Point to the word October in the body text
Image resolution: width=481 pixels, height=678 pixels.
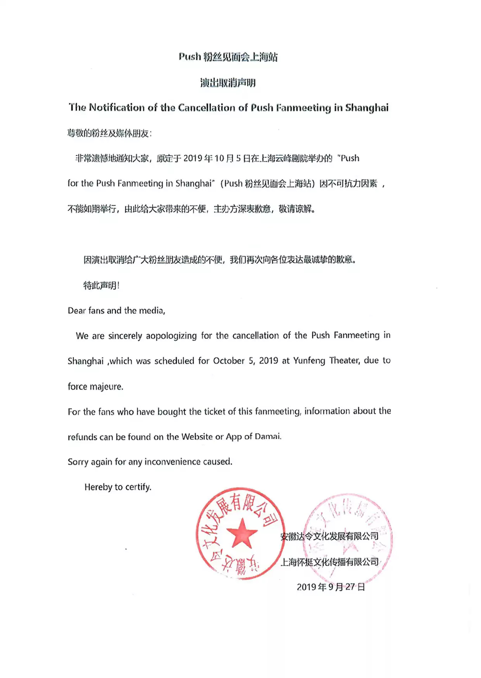click(229, 361)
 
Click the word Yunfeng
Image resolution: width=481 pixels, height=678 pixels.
click(309, 361)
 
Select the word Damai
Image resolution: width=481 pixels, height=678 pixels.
click(268, 436)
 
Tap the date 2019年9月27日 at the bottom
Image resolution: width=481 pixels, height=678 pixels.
click(331, 587)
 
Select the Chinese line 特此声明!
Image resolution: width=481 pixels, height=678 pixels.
click(101, 285)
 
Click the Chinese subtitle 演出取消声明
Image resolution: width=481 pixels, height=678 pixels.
click(228, 83)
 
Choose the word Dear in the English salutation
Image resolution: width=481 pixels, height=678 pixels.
click(77, 311)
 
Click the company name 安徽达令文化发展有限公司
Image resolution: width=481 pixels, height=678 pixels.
click(329, 536)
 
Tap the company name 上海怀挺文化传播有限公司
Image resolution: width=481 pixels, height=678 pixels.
click(329, 562)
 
